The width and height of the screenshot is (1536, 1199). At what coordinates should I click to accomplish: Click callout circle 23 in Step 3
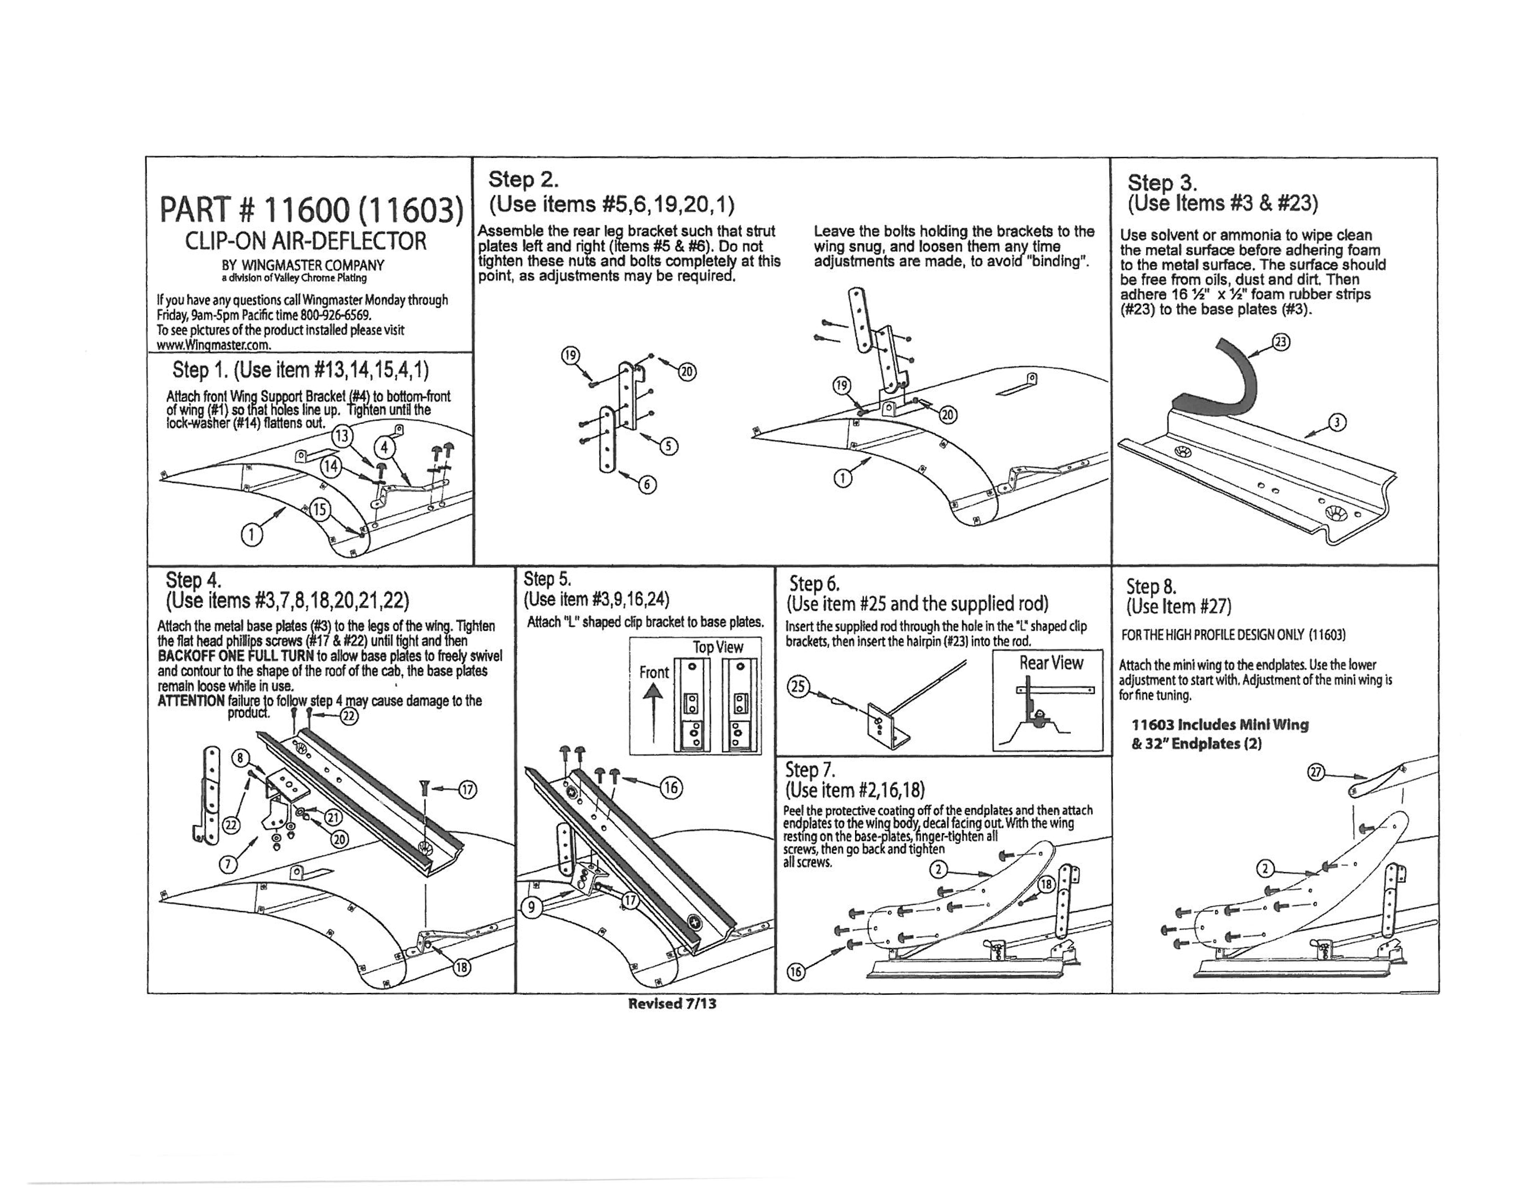(1281, 342)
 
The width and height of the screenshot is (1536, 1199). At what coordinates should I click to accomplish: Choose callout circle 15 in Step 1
(319, 509)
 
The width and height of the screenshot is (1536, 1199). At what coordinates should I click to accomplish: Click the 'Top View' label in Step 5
(717, 647)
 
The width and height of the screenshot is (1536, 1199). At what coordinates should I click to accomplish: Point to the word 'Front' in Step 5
(653, 672)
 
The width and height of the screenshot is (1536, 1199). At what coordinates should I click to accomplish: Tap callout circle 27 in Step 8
(1315, 772)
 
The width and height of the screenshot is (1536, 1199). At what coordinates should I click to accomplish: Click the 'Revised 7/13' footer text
(672, 1003)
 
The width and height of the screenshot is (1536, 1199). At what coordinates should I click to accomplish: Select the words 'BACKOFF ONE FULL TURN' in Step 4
(236, 656)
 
